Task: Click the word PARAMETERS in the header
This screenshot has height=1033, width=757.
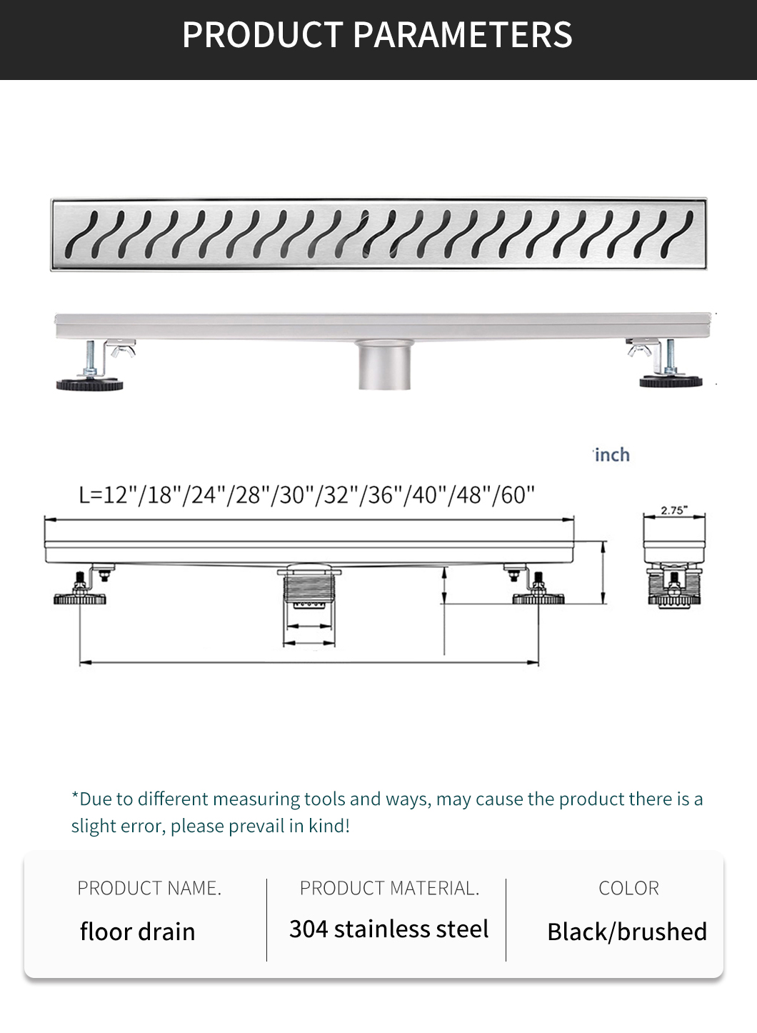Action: pyautogui.click(x=462, y=35)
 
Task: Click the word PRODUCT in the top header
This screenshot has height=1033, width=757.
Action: pyautogui.click(x=263, y=35)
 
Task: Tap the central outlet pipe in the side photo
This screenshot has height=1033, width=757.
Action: pyautogui.click(x=384, y=365)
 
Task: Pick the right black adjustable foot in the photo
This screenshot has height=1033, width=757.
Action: pyautogui.click(x=671, y=381)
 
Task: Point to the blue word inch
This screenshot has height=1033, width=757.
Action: pyautogui.click(x=612, y=455)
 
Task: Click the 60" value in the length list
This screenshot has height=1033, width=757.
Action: pyautogui.click(x=517, y=495)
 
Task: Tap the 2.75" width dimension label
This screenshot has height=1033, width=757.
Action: pyautogui.click(x=674, y=510)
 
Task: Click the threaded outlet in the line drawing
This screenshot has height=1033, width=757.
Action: pyautogui.click(x=309, y=588)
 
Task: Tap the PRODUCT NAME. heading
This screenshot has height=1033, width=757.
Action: pyautogui.click(x=149, y=888)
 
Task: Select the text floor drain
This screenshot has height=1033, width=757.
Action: pyautogui.click(x=137, y=932)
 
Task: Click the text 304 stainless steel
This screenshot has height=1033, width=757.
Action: pyautogui.click(x=388, y=929)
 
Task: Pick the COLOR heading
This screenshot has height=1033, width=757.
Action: pyautogui.click(x=629, y=888)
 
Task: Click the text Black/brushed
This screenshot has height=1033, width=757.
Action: pyautogui.click(x=627, y=932)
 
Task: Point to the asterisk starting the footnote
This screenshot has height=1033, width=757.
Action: pyautogui.click(x=75, y=796)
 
